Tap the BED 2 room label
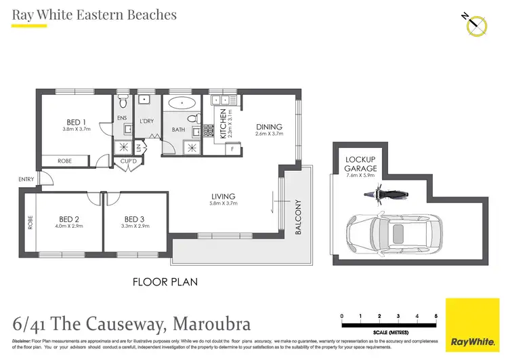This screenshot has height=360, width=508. [69, 219]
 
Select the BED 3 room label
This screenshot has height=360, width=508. [135, 219]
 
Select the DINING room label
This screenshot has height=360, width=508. [269, 127]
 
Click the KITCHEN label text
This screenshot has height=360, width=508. [221, 124]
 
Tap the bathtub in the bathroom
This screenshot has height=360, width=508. [182, 104]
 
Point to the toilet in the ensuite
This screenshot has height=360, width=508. [123, 103]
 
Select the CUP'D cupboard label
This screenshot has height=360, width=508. [125, 161]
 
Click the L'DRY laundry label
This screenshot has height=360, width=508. [147, 121]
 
